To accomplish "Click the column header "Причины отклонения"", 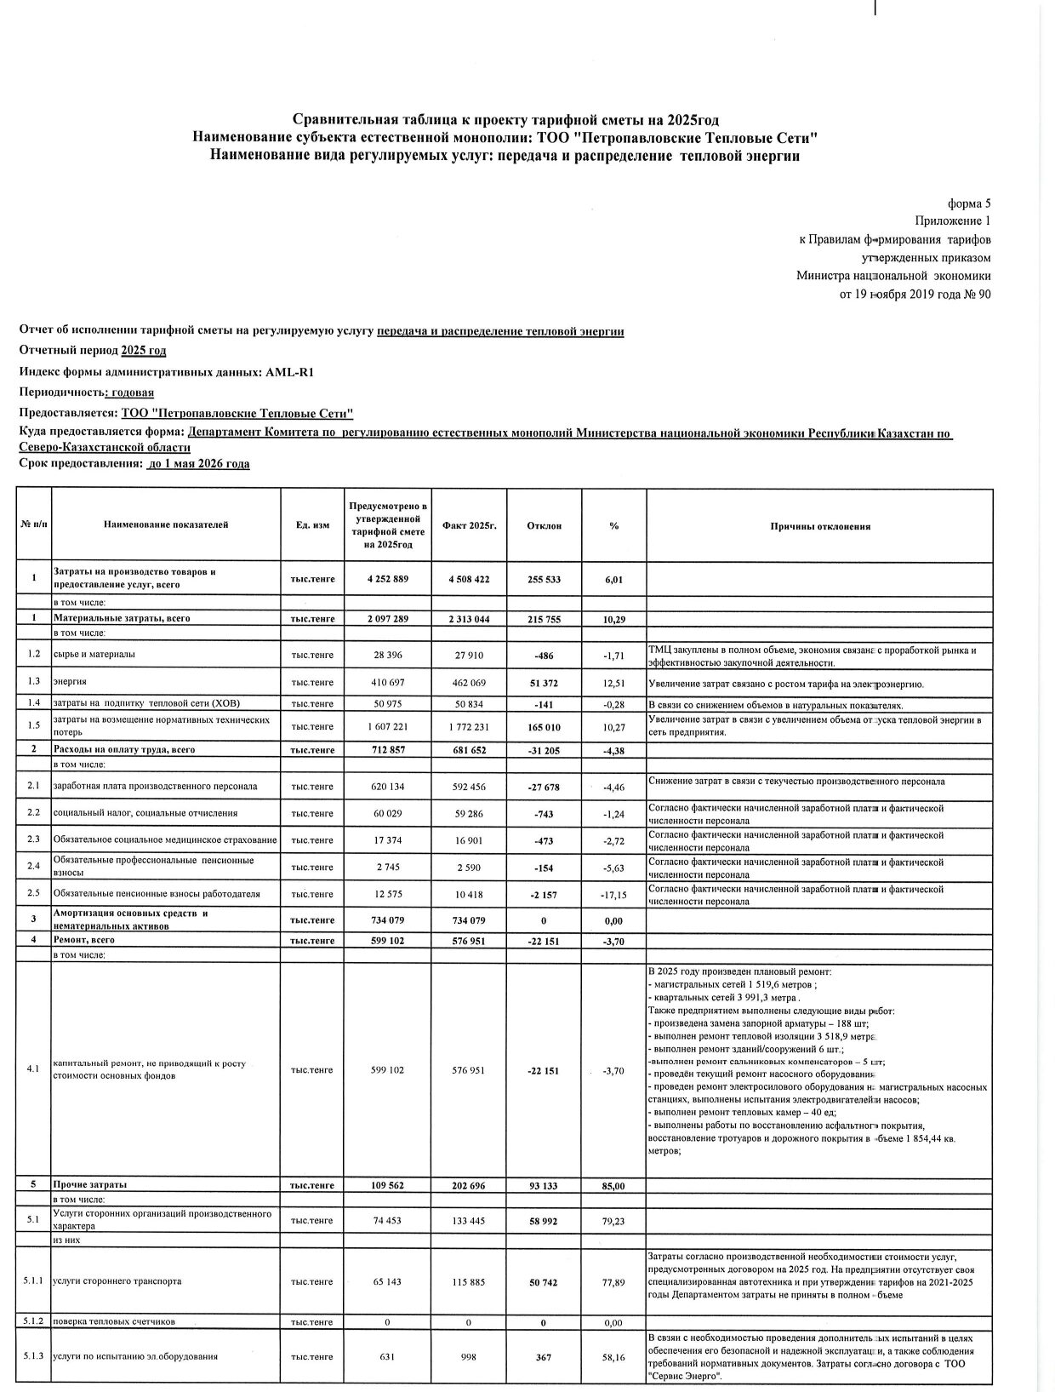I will click(819, 526).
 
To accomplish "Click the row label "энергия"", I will click(70, 682).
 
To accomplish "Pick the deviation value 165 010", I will click(544, 727).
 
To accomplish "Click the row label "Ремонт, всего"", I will click(84, 940).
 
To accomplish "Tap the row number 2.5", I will click(34, 894).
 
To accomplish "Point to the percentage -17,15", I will click(613, 895).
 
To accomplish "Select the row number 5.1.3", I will click(34, 1357).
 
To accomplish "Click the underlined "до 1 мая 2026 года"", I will click(198, 464).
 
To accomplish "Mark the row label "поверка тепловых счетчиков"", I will click(114, 1322).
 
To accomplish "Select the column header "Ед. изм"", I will click(312, 526).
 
